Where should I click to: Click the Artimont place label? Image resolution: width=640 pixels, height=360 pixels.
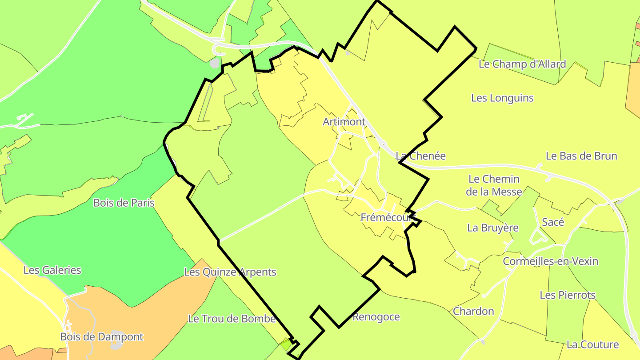(x=344, y=122)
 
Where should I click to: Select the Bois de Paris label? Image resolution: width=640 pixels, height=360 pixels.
(x=124, y=203)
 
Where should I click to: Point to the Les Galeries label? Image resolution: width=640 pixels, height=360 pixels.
(x=52, y=270)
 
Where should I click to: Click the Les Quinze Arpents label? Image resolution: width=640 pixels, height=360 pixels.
(x=230, y=272)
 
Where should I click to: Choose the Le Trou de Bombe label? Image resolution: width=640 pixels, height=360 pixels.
(x=232, y=319)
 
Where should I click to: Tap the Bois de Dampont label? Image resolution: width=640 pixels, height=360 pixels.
(x=102, y=337)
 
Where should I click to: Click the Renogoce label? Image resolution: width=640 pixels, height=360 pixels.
(x=376, y=317)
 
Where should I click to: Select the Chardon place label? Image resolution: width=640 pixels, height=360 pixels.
(x=473, y=311)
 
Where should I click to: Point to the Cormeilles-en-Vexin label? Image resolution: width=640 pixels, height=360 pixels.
(x=551, y=261)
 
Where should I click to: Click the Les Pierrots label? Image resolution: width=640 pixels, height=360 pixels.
(x=568, y=295)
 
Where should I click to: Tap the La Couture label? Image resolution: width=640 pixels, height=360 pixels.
(x=593, y=344)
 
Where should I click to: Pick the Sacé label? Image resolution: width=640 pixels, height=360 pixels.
(x=553, y=222)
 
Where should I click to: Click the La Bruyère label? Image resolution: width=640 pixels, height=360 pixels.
(x=493, y=228)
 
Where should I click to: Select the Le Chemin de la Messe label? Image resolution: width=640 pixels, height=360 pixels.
(x=494, y=185)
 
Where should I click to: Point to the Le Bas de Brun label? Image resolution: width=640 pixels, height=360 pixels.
(x=581, y=156)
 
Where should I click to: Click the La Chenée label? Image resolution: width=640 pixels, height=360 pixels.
(x=420, y=156)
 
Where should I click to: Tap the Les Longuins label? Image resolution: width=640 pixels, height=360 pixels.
(x=502, y=98)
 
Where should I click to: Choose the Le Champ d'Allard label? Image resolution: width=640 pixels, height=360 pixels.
(x=522, y=64)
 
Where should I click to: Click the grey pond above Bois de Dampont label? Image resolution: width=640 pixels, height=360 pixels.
(x=116, y=334)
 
